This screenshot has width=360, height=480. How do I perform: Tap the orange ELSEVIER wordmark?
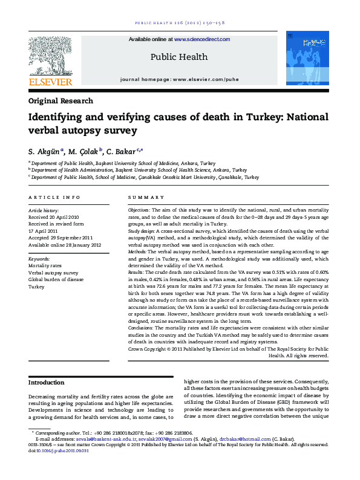pyautogui.click(x=50, y=82)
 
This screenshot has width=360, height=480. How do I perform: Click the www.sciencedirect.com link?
pyautogui.click(x=202, y=39)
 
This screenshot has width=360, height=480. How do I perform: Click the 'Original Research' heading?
pyautogui.click(x=61, y=101)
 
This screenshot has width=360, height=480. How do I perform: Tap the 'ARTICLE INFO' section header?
pyautogui.click(x=54, y=198)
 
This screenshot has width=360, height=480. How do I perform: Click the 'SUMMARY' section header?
pyautogui.click(x=146, y=198)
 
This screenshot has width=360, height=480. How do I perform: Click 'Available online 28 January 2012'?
pyautogui.click(x=65, y=245)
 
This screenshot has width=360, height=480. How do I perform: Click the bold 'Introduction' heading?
pyautogui.click(x=47, y=383)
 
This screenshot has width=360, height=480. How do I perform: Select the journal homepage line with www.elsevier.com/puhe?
pyautogui.click(x=180, y=79)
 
